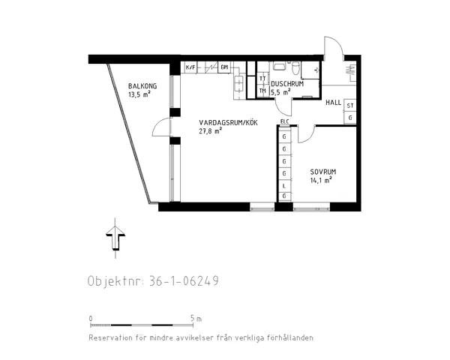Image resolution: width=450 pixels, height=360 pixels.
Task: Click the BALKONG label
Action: tap(142, 86)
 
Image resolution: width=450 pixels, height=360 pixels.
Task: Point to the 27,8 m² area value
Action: tap(211, 131)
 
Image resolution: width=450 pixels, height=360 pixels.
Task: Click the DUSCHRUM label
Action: tap(286, 84)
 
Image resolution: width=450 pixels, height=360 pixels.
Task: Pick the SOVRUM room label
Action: tap(322, 172)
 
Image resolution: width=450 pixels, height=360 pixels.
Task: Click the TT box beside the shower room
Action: tap(262, 79)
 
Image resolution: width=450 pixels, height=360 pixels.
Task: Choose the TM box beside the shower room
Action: tap(262, 91)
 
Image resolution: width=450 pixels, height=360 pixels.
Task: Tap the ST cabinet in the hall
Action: tap(350, 106)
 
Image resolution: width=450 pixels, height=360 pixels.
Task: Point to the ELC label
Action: tap(284, 121)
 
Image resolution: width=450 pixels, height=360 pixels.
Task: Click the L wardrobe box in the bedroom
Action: tap(284, 184)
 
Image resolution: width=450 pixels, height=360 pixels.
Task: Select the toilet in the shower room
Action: tap(297, 70)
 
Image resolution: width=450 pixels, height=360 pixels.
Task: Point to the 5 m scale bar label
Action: tap(196, 319)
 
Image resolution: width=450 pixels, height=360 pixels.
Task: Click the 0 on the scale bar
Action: tap(91, 319)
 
